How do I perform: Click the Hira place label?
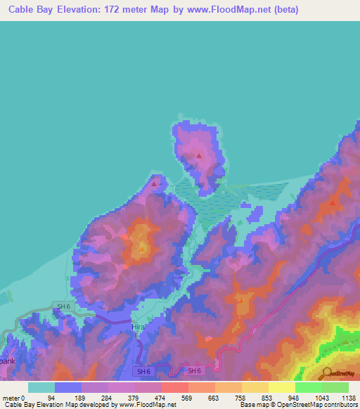point(138,327)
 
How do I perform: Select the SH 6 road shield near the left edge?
point(64,306)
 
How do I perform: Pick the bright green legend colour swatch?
point(308,387)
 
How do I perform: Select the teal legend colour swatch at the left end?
point(41,387)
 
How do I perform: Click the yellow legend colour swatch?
point(281,387)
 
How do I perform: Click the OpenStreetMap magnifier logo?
point(326,374)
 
